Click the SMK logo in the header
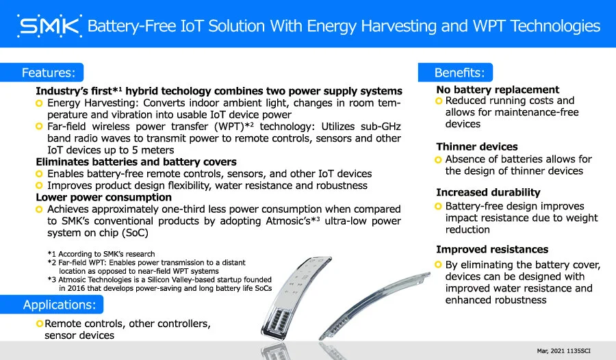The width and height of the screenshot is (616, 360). [x=49, y=26]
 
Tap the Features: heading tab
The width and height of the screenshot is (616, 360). [x=42, y=73]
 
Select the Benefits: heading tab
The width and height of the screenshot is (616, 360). [x=455, y=73]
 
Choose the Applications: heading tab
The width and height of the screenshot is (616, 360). [x=51, y=305]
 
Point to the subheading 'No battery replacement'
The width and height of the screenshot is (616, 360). [x=498, y=90]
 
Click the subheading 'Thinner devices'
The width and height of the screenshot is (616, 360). [x=476, y=146]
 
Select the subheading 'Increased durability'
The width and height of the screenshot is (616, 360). [x=488, y=192]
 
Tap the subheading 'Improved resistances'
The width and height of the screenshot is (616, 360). [x=492, y=249]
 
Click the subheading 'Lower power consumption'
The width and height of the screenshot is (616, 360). [x=104, y=197]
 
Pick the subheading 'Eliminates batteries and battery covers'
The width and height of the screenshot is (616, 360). [x=136, y=162]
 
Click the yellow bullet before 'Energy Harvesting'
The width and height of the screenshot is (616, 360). [x=39, y=103]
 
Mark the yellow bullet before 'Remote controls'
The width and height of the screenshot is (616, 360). [x=39, y=324]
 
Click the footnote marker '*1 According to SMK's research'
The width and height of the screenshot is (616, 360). [x=101, y=254]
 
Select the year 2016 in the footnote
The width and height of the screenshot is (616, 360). [x=76, y=288]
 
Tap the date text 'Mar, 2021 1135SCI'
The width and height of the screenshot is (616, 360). [x=564, y=350]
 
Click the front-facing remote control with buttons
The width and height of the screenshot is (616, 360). [x=296, y=297]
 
